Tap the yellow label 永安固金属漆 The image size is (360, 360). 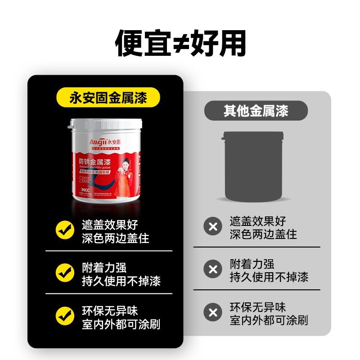pos(108,98)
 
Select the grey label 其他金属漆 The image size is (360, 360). pos(256,110)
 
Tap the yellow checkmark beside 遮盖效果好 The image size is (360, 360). pos(65,229)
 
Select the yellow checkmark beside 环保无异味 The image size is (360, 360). pos(65,315)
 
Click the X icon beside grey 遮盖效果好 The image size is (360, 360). pos(213,226)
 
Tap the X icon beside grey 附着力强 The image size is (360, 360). pos(213,269)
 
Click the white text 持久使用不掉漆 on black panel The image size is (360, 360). pos(121,281)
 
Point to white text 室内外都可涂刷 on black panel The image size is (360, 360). pos(121,324)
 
